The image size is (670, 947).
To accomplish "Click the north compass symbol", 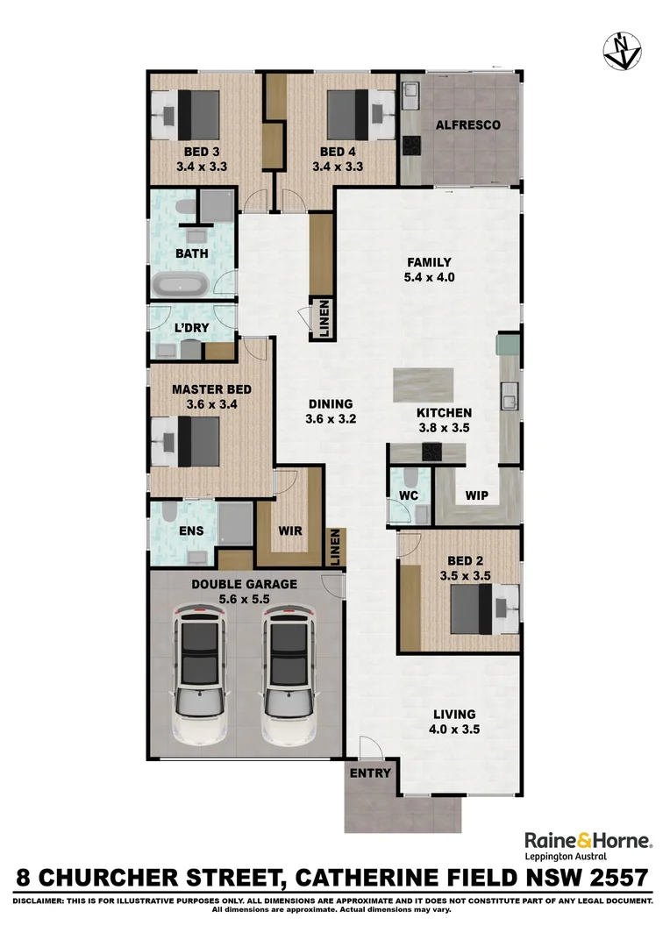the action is (x=623, y=51).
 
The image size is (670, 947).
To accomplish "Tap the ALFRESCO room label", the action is (x=468, y=125).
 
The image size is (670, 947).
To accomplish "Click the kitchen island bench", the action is (x=423, y=385).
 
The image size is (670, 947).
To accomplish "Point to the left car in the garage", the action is (x=199, y=676).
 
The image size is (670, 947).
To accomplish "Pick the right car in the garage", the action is (x=289, y=676).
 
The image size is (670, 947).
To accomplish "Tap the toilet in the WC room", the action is (x=410, y=479).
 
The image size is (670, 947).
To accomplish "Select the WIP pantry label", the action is (x=477, y=495).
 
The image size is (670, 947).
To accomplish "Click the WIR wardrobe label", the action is (x=290, y=530).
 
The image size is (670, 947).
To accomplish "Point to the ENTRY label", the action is (x=370, y=773).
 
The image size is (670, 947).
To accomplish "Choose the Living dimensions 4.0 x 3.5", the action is (x=454, y=730).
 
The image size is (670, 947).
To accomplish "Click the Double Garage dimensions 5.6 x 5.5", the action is (x=244, y=600).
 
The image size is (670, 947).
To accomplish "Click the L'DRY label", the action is (x=191, y=328).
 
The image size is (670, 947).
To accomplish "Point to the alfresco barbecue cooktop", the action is (x=412, y=146).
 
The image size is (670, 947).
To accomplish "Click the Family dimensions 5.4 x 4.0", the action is (x=429, y=278).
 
